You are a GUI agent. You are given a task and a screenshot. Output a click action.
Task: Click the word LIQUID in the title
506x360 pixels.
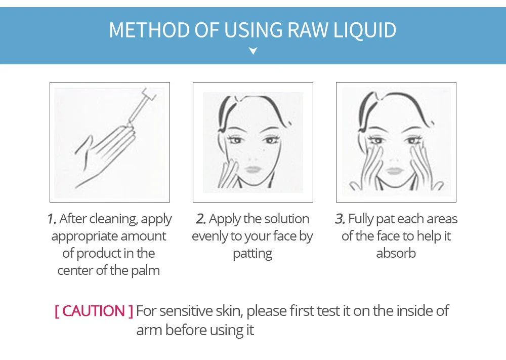pos(365,30)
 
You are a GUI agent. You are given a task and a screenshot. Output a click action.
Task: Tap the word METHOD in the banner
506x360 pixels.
pos(149,30)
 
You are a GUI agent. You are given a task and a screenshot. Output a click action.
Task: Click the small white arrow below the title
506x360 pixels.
pos(254,51)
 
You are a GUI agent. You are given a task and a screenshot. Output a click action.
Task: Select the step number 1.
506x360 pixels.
pos(52,219)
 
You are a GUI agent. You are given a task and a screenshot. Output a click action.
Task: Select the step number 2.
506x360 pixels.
pos(201,219)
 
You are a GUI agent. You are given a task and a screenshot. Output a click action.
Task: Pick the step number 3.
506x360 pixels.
pos(340,219)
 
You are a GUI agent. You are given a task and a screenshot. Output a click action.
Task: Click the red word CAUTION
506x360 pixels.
pos(94,311)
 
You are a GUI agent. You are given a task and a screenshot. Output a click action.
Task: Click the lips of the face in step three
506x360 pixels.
pos(394,170)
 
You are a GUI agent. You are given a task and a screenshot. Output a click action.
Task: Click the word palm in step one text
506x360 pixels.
pos(145,270)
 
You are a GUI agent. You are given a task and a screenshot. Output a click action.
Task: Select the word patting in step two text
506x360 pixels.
pos(252,254)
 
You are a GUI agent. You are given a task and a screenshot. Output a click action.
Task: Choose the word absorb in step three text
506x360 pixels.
pos(396,253)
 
